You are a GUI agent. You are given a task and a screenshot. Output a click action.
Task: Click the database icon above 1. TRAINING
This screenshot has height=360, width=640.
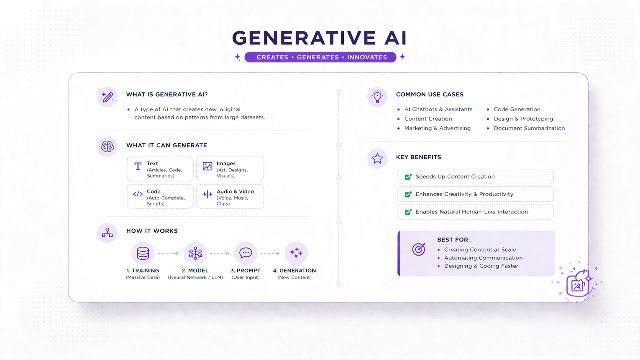click(143, 253)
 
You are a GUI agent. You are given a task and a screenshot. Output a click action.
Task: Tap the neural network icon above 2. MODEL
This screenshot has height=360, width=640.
click(195, 253)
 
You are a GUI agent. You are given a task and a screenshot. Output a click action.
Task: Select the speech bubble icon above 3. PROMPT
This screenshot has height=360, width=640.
click(245, 253)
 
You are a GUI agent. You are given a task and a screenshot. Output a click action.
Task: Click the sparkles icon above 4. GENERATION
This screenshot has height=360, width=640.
click(296, 253)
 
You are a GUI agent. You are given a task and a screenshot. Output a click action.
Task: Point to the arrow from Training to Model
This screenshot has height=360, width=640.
click(168, 253)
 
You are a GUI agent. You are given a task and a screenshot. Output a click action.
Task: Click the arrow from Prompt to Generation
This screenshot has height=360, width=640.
click(270, 253)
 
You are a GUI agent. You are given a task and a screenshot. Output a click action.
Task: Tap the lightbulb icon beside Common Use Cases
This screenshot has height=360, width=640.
click(377, 97)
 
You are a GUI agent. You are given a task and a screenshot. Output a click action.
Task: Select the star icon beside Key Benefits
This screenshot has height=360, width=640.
click(377, 158)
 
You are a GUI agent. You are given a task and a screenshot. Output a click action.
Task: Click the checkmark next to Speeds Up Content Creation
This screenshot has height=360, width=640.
click(408, 177)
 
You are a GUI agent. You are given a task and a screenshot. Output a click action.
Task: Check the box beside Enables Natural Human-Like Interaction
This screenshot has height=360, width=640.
click(408, 212)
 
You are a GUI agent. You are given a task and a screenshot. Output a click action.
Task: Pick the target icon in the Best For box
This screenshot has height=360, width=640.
click(418, 249)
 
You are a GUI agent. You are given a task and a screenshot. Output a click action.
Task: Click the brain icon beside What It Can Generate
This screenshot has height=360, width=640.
click(107, 147)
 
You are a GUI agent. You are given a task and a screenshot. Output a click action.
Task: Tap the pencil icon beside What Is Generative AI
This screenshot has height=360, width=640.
click(107, 97)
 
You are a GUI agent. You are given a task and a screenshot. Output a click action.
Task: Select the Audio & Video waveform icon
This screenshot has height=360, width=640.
click(207, 194)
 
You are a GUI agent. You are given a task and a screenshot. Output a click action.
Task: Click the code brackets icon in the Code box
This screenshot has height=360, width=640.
click(138, 194)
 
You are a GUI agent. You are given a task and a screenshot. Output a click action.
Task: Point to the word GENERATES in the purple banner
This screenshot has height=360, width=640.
click(318, 57)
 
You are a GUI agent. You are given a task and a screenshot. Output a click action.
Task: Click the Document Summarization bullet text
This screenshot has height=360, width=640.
click(529, 128)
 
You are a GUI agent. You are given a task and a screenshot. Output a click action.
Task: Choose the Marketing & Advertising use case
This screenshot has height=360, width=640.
click(437, 128)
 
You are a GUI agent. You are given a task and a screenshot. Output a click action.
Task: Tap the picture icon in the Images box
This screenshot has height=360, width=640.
click(207, 166)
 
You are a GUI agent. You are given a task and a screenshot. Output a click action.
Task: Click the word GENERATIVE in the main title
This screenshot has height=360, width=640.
click(299, 38)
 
